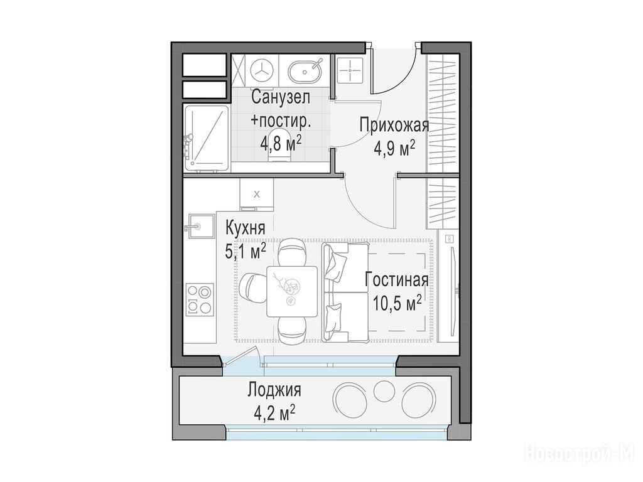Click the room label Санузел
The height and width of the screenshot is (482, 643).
coord(281,97)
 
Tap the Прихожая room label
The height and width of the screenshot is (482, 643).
coord(394,125)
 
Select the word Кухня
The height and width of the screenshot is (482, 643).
coord(246,228)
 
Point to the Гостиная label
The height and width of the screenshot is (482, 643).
coord(397,281)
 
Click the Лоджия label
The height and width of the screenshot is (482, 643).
coord(274,390)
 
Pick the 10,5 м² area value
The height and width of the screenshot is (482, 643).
coord(397,303)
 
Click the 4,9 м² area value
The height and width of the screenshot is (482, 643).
coord(394,147)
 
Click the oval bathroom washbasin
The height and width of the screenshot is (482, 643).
coord(305,71)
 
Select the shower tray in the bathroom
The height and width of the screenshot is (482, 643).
coord(206,139)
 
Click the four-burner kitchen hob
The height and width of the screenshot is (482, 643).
coord(200,299)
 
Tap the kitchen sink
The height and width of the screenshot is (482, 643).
coord(200,225)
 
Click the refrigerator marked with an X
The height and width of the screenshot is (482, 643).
coord(257,195)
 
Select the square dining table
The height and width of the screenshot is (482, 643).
coord(292,291)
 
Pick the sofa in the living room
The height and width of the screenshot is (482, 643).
coord(346,292)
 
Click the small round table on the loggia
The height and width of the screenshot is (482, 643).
coord(384,391)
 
